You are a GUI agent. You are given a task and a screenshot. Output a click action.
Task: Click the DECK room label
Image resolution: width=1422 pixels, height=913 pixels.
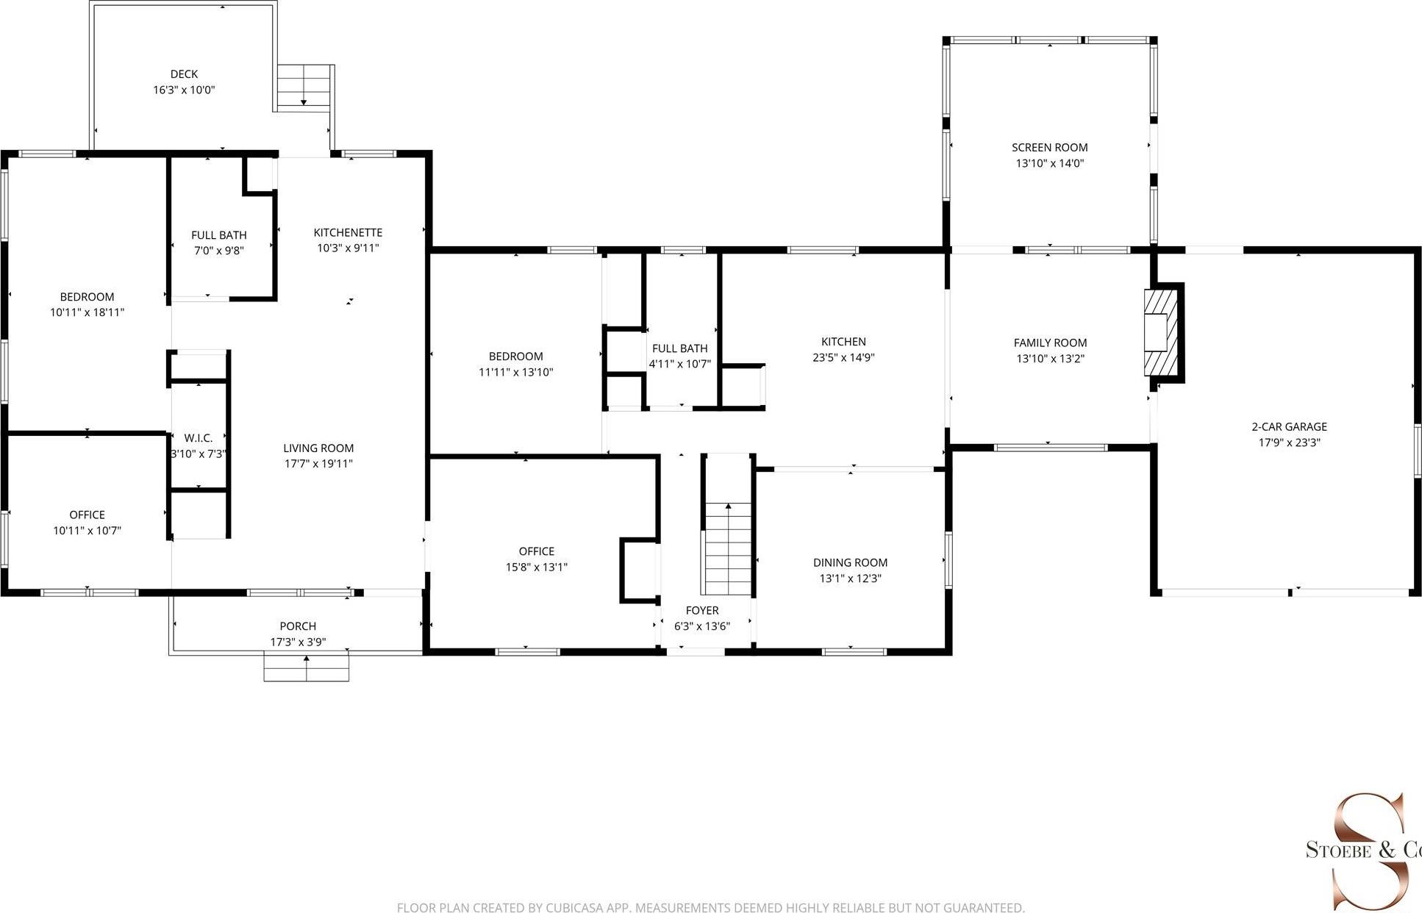(184, 74)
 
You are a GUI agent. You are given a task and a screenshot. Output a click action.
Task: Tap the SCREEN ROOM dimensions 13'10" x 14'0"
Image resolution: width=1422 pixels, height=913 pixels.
(1049, 163)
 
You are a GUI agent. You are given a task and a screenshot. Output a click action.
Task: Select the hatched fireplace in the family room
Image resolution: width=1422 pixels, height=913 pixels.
(1160, 333)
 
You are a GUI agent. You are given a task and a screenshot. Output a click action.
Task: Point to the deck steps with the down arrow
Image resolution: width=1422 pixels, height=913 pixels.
(304, 87)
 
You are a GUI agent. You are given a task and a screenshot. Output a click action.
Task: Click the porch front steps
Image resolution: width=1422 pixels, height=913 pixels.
(306, 667)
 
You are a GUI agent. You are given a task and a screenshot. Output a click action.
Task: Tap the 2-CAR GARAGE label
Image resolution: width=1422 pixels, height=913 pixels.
(1289, 426)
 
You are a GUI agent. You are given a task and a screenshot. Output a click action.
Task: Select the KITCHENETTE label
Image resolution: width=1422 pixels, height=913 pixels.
(348, 232)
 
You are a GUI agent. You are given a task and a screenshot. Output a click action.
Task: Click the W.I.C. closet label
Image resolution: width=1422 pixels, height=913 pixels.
(199, 438)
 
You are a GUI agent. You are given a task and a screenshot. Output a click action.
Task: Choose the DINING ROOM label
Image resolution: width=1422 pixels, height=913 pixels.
(850, 562)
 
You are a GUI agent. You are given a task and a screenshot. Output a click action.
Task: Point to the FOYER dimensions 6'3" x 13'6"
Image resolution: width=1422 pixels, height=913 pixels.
(701, 626)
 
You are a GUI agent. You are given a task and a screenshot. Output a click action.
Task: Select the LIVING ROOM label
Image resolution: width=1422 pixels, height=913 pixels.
(318, 448)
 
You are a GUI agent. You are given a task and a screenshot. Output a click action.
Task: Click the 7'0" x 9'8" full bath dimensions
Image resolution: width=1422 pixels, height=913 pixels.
(218, 251)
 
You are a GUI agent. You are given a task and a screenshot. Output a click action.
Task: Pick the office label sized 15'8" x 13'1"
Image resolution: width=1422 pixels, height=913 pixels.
(536, 551)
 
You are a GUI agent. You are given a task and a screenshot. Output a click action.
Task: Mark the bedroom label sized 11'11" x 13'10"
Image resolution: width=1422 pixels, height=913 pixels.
(515, 357)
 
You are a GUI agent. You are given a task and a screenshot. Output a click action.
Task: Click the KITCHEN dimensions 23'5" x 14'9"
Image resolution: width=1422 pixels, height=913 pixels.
(843, 357)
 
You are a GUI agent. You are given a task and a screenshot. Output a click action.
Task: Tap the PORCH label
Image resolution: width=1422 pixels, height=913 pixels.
(298, 626)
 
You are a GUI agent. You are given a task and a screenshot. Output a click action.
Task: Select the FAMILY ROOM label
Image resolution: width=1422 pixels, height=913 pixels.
(1049, 343)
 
